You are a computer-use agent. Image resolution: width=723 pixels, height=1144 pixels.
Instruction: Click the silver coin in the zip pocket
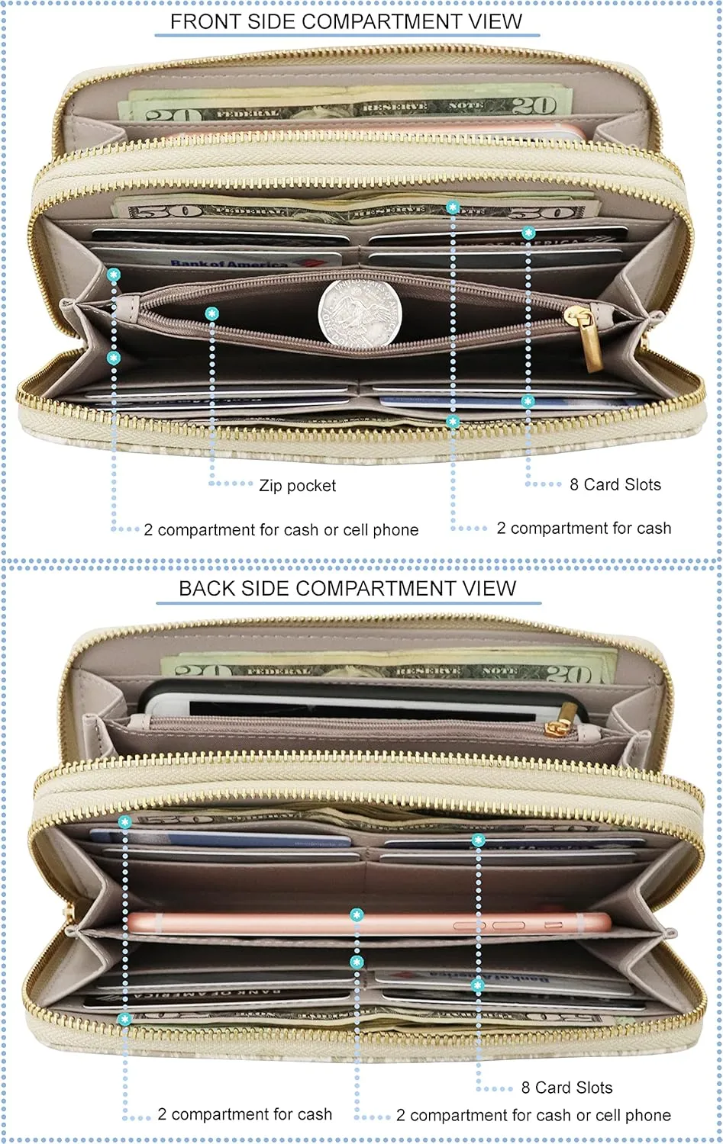coord(360,313)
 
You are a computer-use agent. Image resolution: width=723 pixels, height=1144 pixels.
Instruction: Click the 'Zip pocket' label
coord(297,486)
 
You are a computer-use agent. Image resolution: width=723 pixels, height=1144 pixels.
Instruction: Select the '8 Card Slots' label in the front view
coord(615,485)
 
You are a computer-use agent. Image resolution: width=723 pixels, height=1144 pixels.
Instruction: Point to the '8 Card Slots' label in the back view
coord(566,1088)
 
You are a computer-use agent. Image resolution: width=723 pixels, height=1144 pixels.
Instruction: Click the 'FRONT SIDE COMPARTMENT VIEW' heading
coord(346,21)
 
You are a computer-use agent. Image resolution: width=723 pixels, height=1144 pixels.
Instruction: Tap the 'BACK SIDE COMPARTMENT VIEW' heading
coord(347,588)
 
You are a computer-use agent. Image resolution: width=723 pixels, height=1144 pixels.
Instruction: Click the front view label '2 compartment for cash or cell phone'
coord(281,530)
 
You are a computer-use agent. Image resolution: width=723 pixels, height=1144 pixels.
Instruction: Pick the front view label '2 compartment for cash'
coord(584,529)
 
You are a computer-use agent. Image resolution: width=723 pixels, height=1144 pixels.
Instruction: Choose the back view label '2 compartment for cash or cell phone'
coord(533,1115)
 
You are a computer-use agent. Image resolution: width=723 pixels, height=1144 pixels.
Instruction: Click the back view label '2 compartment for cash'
coord(244,1114)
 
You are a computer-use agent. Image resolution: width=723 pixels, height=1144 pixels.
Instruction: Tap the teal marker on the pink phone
coord(357,914)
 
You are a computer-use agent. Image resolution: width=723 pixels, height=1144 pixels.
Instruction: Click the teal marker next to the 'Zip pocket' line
coord(211,313)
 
